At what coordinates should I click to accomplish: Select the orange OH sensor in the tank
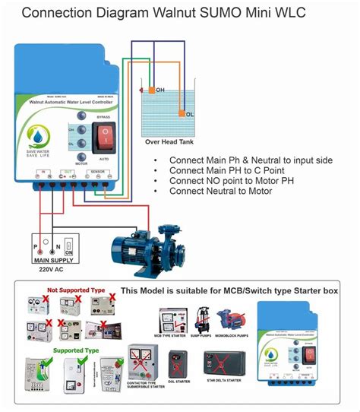click(152, 91)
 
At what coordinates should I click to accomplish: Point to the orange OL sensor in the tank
click(181, 114)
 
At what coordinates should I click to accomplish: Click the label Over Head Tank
click(172, 141)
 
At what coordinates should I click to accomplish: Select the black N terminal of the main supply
click(53, 258)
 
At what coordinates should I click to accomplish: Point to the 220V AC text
click(51, 277)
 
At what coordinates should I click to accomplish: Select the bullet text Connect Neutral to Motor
click(220, 191)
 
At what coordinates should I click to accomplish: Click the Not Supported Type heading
click(73, 290)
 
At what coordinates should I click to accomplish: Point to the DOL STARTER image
click(179, 364)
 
